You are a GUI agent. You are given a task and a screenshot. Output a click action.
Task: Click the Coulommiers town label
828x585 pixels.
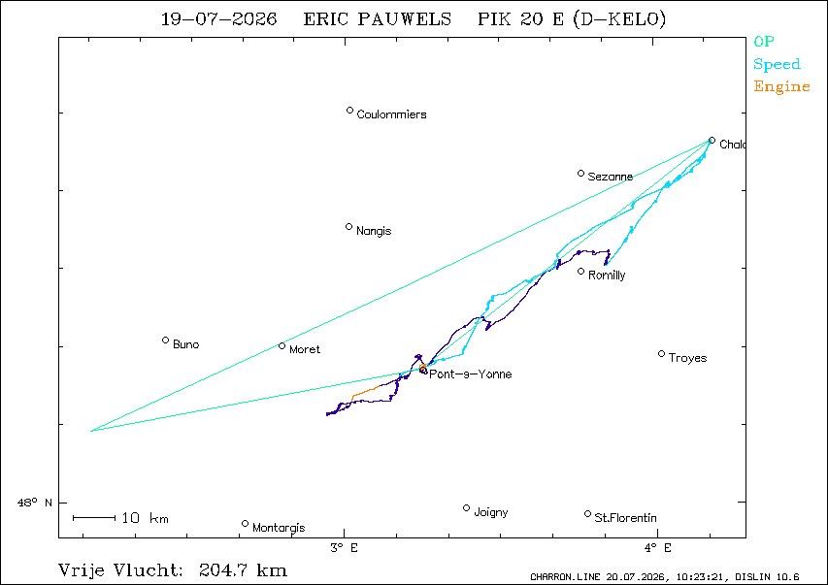391,114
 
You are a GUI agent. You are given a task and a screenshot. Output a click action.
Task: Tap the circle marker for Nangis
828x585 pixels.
349,227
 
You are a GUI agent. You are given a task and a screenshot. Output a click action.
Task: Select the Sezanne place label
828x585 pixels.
610,177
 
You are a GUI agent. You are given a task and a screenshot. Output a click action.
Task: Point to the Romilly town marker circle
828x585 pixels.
580,272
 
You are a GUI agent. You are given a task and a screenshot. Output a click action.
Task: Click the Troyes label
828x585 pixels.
687,358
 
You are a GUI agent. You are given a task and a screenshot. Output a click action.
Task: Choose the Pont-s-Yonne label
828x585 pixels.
471,374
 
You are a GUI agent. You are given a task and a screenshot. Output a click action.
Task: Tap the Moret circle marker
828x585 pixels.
282,345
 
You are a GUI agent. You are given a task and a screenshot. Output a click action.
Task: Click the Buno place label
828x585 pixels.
185,344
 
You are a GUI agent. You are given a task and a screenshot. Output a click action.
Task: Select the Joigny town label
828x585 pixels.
491,512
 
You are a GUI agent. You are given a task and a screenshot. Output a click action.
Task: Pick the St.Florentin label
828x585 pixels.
626,518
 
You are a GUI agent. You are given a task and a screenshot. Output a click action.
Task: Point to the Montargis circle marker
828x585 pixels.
245,524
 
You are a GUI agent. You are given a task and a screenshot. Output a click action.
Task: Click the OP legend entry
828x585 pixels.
764,41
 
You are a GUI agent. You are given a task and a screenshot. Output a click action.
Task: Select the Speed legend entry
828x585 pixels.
777,64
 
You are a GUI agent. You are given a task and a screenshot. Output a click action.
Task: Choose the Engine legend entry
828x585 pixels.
781,87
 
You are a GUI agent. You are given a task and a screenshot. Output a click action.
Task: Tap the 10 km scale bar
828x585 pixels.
94,518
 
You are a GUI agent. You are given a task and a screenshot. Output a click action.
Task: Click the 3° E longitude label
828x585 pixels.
345,548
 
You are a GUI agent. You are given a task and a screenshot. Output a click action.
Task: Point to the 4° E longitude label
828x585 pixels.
657,548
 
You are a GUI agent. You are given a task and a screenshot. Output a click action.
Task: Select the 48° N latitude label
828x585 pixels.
35,503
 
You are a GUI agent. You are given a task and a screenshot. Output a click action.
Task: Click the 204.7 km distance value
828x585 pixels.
243,570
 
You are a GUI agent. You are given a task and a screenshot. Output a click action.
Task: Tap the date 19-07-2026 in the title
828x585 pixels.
218,19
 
